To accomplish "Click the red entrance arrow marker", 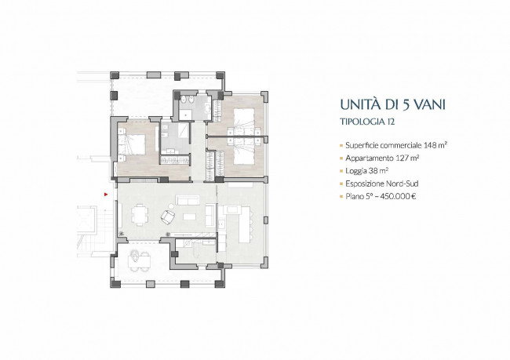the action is tap(106, 195).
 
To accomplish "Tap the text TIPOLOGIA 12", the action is tap(367, 122).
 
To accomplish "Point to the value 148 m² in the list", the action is tap(435, 145).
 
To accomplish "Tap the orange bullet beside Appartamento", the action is tap(341, 158).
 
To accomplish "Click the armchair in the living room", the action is tap(168, 216).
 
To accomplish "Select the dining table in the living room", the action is tap(140, 215).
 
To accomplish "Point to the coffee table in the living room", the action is tap(189, 216).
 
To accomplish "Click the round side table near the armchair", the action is tap(171, 205).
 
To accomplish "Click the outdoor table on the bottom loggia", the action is tap(140, 260).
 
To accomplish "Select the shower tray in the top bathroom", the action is tap(186, 114).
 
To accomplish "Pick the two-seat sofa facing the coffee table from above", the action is tap(187, 200).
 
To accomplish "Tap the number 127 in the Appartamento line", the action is tap(402, 158).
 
